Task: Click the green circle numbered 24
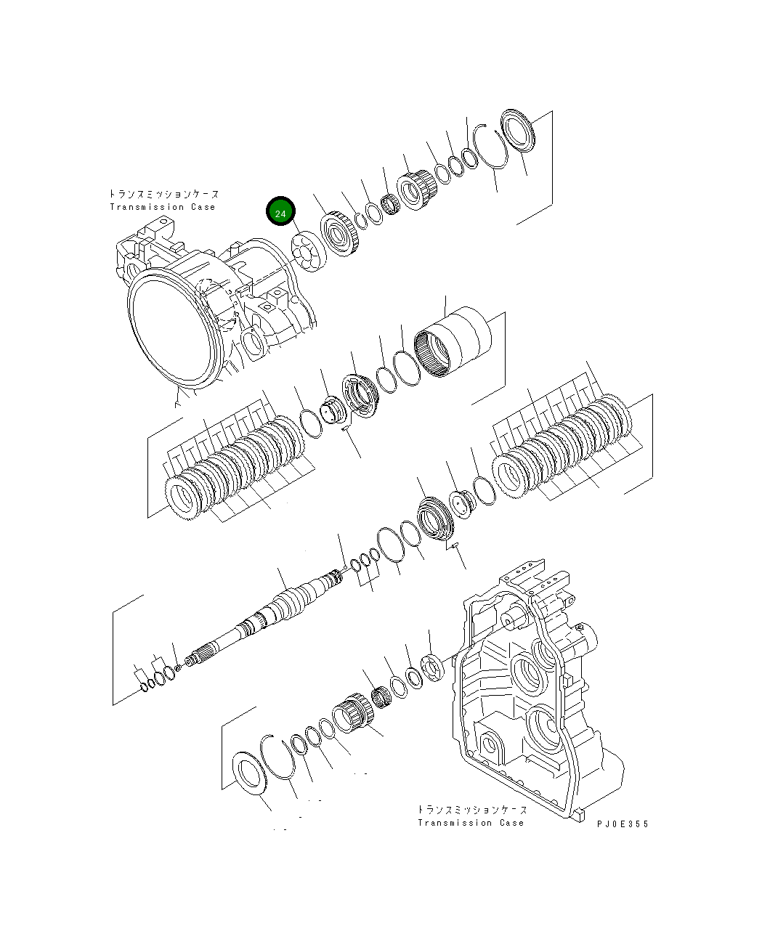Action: (280, 211)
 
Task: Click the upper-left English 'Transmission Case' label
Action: (163, 207)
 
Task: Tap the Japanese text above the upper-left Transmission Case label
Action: (163, 195)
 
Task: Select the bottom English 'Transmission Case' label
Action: (470, 823)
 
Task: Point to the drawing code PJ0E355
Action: (623, 824)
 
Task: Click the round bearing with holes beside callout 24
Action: (307, 253)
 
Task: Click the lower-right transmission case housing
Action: (530, 690)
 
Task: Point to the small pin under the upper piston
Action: (345, 428)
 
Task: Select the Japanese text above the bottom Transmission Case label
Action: (472, 809)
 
